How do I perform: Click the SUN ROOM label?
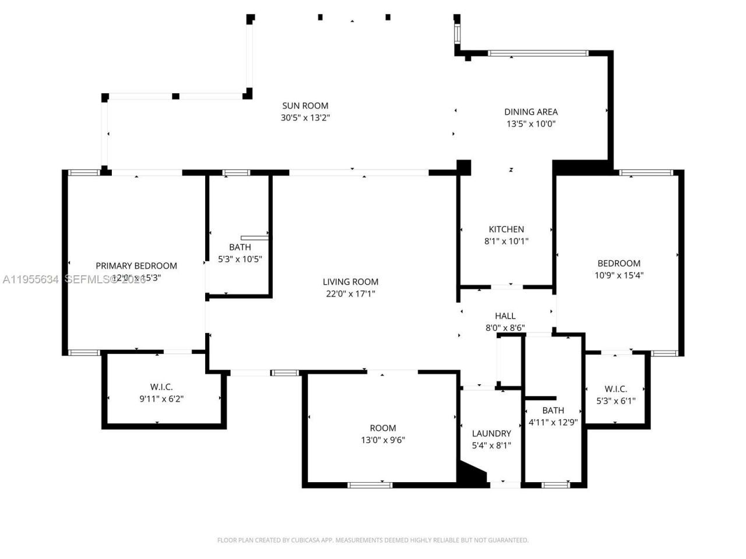click(305, 105)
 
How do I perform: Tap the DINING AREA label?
click(530, 112)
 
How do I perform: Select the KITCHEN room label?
click(506, 229)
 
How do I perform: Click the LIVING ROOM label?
click(350, 282)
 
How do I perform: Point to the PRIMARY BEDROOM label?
click(136, 266)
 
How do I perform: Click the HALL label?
click(505, 316)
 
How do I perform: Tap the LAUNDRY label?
click(491, 433)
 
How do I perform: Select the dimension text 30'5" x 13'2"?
click(305, 118)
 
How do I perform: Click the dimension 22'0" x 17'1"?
click(350, 294)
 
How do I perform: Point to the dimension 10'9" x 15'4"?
click(618, 275)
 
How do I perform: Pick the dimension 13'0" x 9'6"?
click(382, 440)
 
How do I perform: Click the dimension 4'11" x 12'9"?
click(553, 422)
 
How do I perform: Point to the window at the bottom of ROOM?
click(370, 484)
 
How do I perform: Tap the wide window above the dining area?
click(538, 53)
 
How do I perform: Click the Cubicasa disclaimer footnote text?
click(373, 540)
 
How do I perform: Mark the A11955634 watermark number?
click(30, 279)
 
